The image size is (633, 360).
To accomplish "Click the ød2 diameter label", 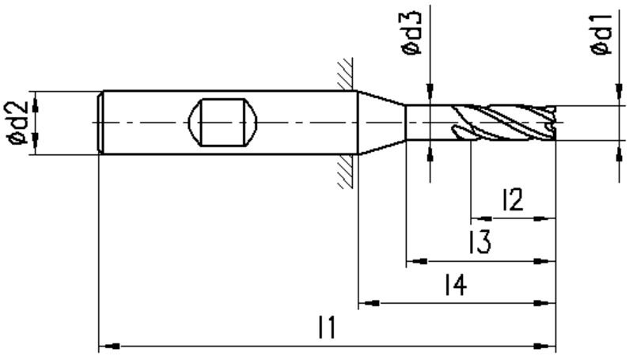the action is click(17, 123).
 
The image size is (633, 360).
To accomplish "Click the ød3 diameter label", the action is click(411, 33).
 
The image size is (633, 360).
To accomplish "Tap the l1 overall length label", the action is click(327, 328).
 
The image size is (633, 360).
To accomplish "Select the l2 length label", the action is click(513, 199).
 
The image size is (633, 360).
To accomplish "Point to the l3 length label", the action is click(479, 242).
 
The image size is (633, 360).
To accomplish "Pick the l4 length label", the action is click(457, 284).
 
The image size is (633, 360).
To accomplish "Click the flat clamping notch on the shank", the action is click(222, 122).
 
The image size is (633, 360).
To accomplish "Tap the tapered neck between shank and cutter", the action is click(381, 123).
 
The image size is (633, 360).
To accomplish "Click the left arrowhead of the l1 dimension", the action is click(109, 346).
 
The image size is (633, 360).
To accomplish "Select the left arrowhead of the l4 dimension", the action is click(369, 303).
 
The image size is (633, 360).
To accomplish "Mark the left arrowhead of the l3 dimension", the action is click(417, 261).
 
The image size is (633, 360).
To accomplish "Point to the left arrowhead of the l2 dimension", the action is click(482, 218).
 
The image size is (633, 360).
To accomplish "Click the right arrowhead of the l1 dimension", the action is click(545, 346).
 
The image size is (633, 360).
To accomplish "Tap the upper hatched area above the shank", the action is click(346, 74).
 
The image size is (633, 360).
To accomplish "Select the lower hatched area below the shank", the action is click(346, 171).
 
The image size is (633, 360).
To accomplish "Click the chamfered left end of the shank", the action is click(101, 123).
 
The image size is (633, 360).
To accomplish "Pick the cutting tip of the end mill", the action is click(551, 123).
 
